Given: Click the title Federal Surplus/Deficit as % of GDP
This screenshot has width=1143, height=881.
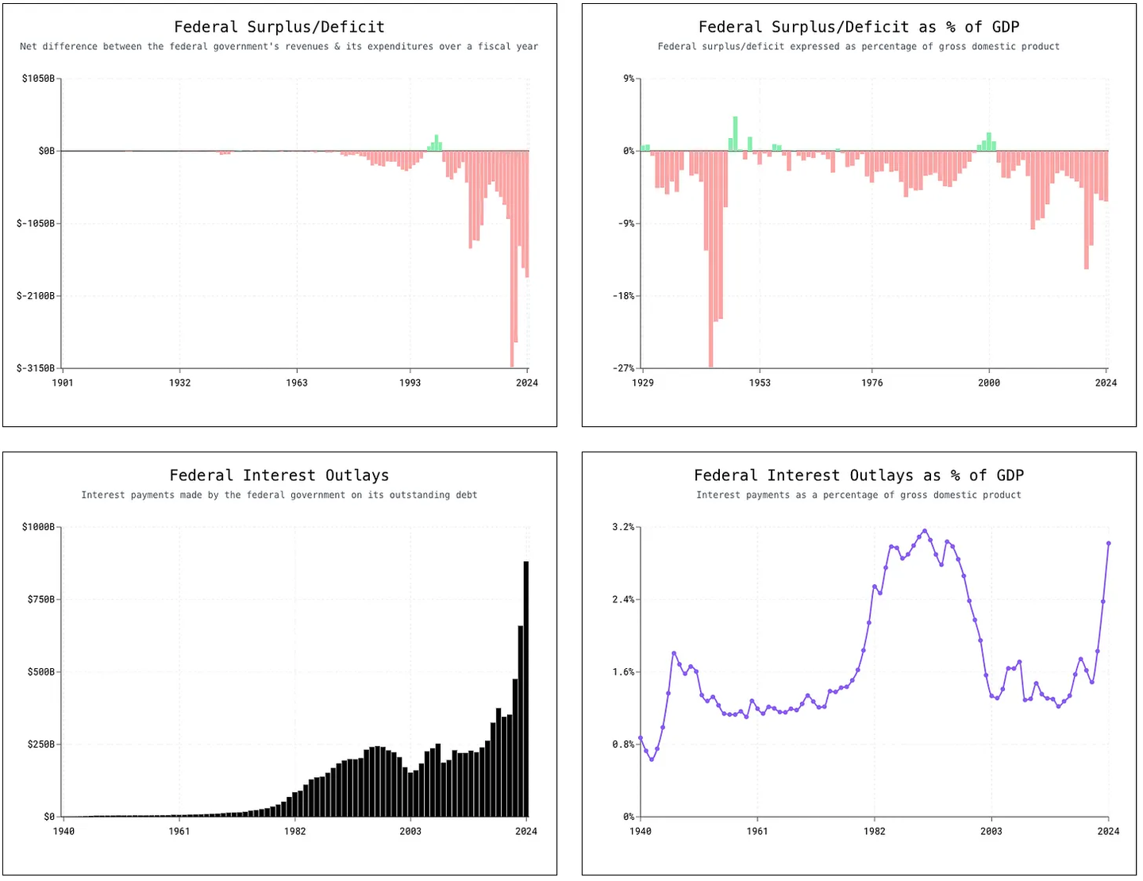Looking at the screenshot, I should pos(859,27).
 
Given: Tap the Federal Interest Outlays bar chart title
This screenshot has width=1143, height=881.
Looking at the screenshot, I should pos(279,475).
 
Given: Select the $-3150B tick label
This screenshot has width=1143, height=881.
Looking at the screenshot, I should pos(36,368).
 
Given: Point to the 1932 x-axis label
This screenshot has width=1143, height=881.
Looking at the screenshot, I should pos(179,383).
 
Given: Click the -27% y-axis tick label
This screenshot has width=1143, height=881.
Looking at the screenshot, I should pos(623,368).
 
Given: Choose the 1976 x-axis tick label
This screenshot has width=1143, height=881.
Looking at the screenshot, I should pos(872,383).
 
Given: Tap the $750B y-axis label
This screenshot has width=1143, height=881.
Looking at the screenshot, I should pos(41,599).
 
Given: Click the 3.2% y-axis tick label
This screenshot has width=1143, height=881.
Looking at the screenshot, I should pos(623,527).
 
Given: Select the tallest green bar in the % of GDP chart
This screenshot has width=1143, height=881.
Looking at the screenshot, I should pos(735,133).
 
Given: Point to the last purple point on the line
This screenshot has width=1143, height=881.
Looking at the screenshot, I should pos(1109,544).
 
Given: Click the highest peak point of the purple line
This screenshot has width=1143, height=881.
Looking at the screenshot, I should pos(925,531).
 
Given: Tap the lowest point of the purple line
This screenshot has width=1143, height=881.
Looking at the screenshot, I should pos(652,760).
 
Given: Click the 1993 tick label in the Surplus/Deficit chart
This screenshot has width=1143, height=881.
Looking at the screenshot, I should pos(410,383).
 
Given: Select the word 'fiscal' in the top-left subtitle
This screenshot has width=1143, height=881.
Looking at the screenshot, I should pos(494,47).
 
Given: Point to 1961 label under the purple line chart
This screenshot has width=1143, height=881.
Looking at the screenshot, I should pos(757,831).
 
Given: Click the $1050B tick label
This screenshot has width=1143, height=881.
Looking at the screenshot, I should pos(39,79).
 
